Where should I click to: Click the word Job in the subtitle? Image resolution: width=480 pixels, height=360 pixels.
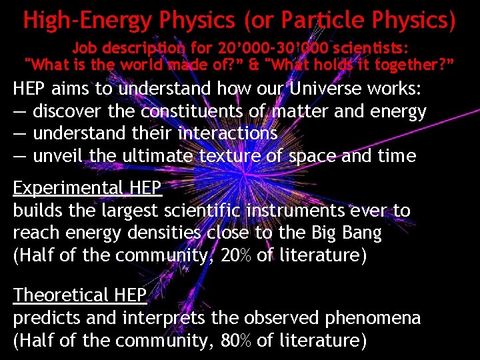click(85, 49)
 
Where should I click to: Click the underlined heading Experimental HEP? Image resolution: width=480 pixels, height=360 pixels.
click(87, 189)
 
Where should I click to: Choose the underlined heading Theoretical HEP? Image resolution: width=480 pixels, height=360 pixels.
click(80, 295)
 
